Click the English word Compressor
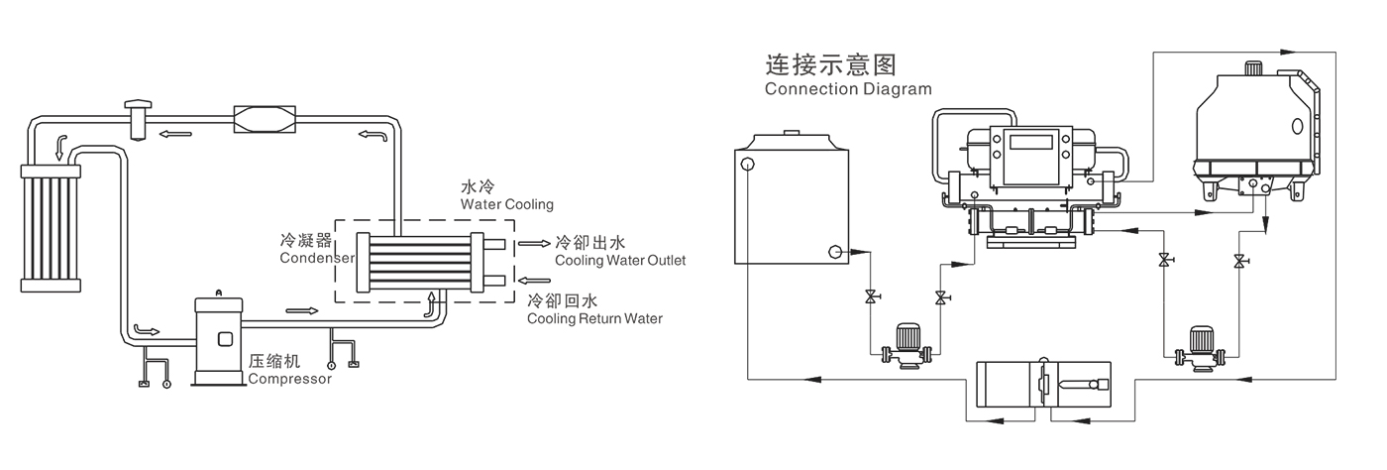click(x=290, y=379)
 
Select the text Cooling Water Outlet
click(x=620, y=261)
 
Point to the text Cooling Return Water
click(x=594, y=319)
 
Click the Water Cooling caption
click(x=507, y=204)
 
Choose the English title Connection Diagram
click(x=848, y=88)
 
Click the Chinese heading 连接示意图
click(x=830, y=65)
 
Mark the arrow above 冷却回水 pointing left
click(x=534, y=280)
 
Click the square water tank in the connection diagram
click(x=790, y=204)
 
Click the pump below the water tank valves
click(x=906, y=345)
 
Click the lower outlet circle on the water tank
click(x=836, y=253)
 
